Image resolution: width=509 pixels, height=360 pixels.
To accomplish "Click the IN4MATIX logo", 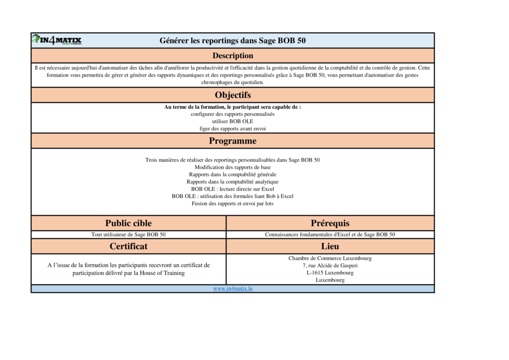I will pos(57,40).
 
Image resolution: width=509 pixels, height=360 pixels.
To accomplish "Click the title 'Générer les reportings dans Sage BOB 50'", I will pos(233,41).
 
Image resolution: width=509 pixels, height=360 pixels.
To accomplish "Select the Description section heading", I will pos(233,56).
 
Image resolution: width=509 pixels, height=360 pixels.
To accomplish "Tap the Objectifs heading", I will pos(233,95).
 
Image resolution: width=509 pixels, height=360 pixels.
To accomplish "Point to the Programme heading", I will pos(233,141).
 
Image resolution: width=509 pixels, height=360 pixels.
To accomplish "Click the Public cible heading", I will pos(128,223).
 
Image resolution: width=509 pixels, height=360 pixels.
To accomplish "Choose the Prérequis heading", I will pos(330,223).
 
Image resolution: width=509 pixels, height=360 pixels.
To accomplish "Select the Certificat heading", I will pos(128,246).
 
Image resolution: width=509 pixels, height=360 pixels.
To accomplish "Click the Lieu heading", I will pos(330,246).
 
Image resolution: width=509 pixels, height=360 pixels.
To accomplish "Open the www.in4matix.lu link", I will pos(233,288).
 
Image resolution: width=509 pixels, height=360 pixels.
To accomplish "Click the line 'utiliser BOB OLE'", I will pos(233,121).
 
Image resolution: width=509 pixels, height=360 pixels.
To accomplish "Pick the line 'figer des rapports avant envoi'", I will pos(233,128).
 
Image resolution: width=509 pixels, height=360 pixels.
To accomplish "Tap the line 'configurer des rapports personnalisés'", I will pos(233,114).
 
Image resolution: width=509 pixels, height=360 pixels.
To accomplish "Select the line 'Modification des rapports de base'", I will pos(233,168).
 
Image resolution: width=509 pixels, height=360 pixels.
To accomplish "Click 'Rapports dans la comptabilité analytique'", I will pos(233,182).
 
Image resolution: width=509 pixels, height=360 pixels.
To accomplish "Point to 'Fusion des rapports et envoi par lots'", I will pos(233,203).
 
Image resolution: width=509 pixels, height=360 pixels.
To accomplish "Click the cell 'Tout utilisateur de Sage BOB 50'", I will pos(128,235).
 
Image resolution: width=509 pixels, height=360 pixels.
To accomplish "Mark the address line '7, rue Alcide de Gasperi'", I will pos(330,266).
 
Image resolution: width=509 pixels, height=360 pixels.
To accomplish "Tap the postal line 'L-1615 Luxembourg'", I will pos(330,273).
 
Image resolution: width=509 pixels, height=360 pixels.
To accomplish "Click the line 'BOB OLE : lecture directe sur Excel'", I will pos(233,189).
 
